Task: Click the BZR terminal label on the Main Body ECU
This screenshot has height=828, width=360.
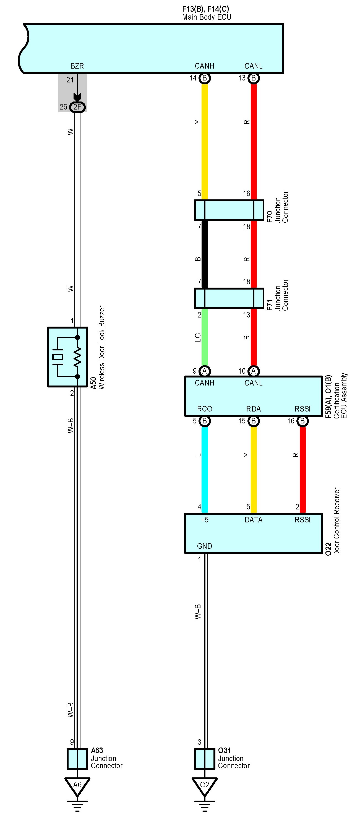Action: tap(77, 66)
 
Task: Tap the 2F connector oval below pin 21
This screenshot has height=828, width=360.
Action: tap(77, 107)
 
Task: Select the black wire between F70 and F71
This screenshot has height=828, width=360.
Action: tap(204, 254)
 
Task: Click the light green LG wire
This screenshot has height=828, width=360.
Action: tap(204, 337)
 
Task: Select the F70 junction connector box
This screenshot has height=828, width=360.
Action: tap(229, 210)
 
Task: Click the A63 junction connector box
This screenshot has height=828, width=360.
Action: tap(77, 759)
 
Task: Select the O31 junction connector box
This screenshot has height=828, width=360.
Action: tap(205, 759)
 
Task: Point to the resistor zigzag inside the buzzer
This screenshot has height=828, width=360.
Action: tap(77, 357)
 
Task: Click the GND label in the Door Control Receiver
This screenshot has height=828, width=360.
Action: tap(204, 546)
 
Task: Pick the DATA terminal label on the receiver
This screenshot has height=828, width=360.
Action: tap(254, 520)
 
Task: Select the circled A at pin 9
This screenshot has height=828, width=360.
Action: tap(204, 371)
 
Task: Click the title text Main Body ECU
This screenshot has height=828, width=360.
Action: tap(207, 17)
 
